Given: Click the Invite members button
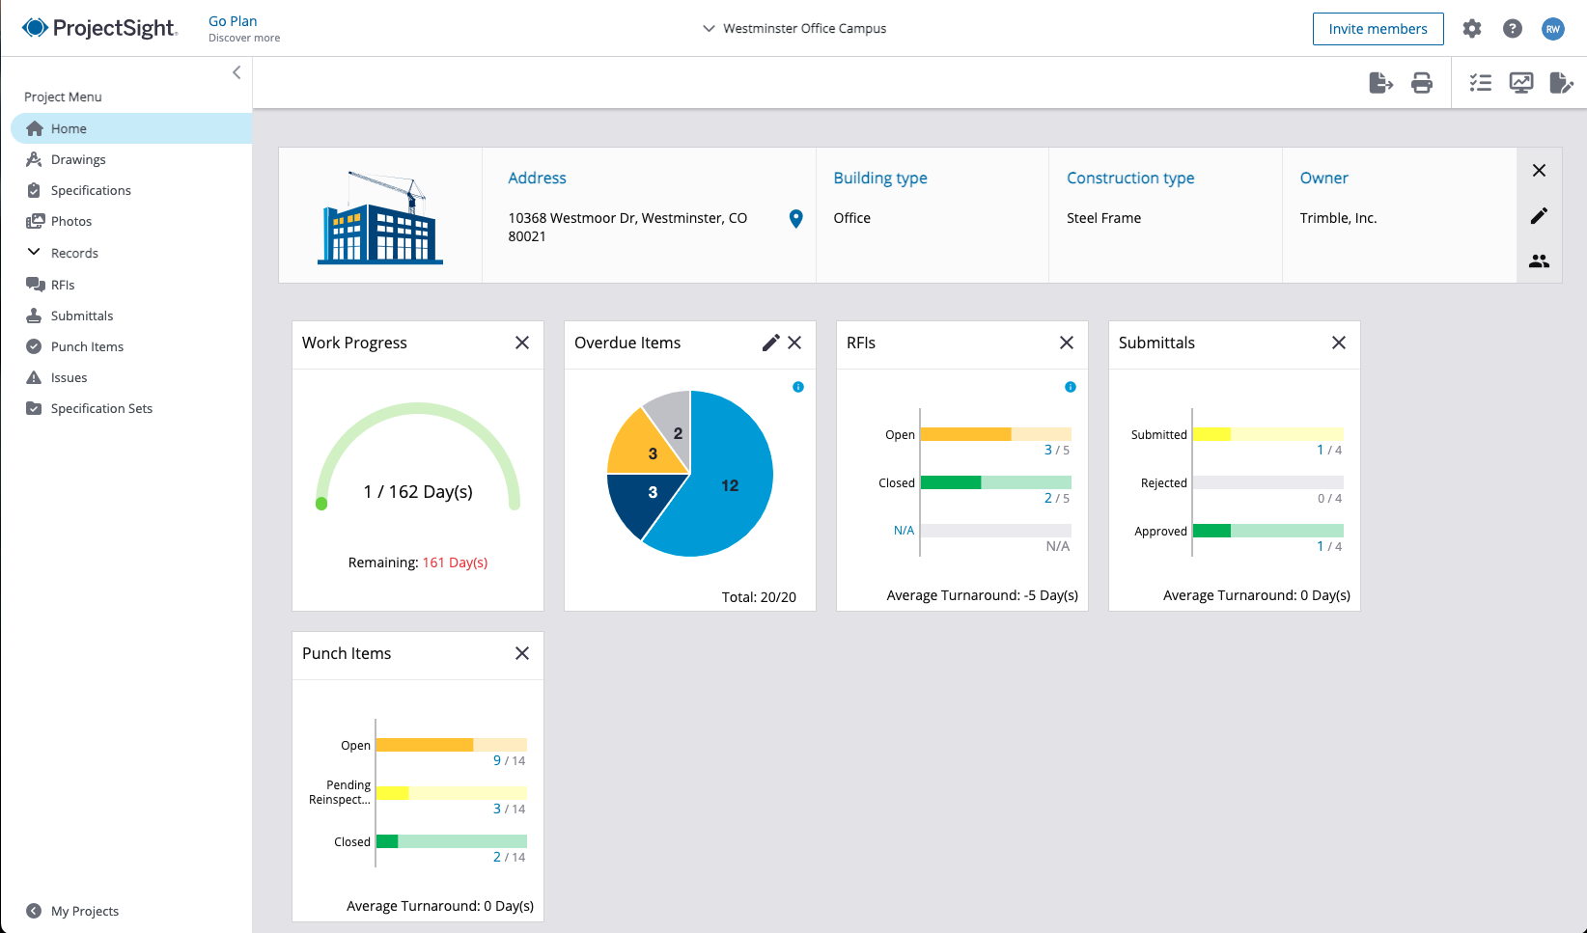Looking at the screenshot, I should [1378, 29].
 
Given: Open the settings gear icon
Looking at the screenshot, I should [1472, 29].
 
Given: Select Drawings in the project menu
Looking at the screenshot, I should [78, 159].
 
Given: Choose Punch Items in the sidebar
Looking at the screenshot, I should [87, 346].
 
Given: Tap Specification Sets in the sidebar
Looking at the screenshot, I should [101, 408].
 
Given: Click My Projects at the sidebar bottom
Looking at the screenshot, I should [84, 911].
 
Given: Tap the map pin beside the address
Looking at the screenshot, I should [795, 219].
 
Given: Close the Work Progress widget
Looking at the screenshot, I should [522, 343].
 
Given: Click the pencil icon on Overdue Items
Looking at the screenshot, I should [770, 343].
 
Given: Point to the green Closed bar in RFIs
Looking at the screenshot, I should [951, 482].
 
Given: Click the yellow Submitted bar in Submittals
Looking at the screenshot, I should [1212, 434].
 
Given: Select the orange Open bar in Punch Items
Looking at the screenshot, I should [425, 745].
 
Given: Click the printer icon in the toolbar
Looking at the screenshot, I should [1422, 83].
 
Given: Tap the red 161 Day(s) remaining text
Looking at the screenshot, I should [455, 563].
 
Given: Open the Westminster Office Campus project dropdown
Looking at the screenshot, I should [794, 29].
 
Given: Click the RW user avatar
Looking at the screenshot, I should [1552, 29].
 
